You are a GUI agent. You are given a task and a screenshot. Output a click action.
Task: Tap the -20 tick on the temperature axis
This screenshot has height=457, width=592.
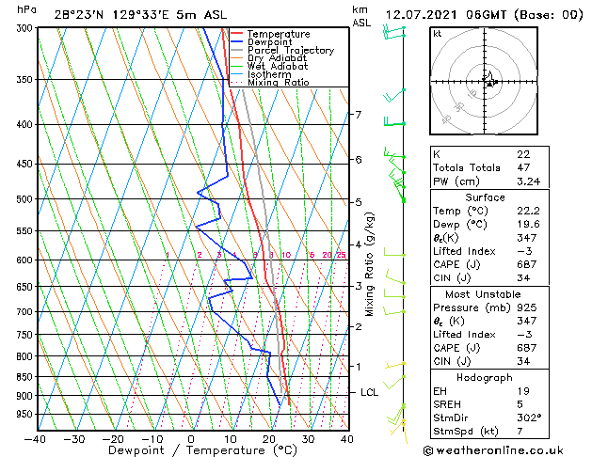click(x=113, y=438)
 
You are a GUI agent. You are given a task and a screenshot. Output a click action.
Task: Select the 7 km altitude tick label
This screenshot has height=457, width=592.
click(x=358, y=115)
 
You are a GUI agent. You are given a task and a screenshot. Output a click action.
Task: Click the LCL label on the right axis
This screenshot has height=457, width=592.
click(x=369, y=392)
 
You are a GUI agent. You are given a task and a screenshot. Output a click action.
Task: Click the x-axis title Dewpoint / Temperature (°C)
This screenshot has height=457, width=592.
click(x=189, y=450)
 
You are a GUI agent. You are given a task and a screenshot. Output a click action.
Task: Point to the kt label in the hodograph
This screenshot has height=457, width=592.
click(x=438, y=34)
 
